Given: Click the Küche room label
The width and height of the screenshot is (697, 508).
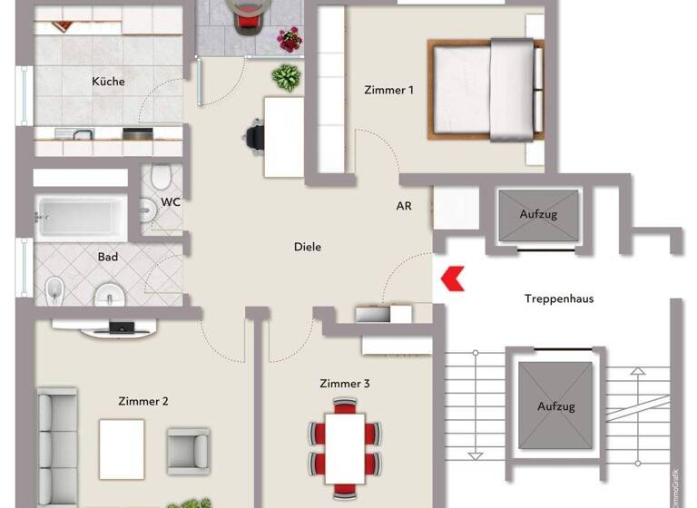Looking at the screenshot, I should (x=108, y=82).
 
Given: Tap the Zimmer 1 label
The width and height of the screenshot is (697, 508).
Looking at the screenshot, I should (x=388, y=90).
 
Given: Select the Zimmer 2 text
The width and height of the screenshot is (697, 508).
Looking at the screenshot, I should (x=142, y=401).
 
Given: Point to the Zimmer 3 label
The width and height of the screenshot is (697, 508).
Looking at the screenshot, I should (x=344, y=384).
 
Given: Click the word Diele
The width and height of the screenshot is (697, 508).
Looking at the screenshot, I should (x=308, y=247).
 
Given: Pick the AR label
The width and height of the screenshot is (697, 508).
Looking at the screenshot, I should (x=404, y=206).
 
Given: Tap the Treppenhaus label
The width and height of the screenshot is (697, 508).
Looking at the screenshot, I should (x=558, y=298).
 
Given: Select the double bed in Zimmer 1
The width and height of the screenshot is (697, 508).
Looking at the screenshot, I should (x=486, y=89).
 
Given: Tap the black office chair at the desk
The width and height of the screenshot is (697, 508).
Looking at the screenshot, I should (x=253, y=136).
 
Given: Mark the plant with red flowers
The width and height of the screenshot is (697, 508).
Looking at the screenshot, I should (x=290, y=40).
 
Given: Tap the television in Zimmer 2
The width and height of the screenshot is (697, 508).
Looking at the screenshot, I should (x=122, y=327).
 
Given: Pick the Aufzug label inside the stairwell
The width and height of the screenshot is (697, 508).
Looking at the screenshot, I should (x=554, y=407).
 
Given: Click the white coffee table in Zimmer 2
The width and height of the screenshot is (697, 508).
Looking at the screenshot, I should (x=122, y=448).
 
